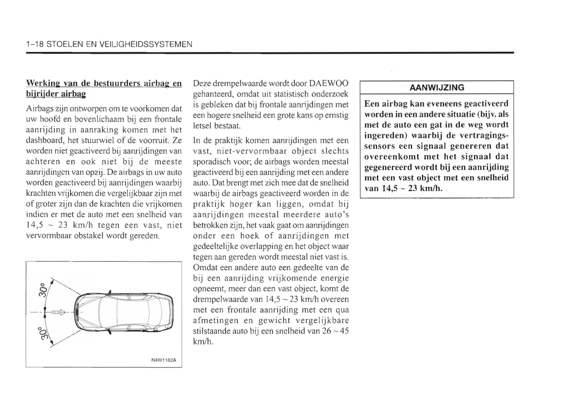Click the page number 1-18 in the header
pyautogui.click(x=34, y=44)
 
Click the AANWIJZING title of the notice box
pyautogui.click(x=437, y=88)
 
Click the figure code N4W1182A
pyautogui.click(x=164, y=361)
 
